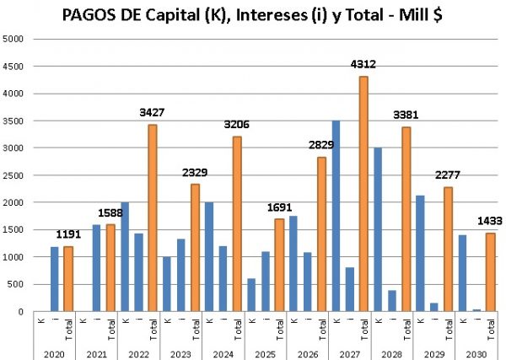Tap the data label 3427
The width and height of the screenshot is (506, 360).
coord(153,112)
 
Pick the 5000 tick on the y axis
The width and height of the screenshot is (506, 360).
coord(13,39)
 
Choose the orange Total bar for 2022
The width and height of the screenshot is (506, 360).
coord(153,218)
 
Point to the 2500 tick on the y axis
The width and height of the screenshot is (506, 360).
coord(13,175)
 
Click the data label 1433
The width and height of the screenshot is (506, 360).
coord(490,220)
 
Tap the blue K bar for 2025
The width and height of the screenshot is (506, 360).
coord(251,295)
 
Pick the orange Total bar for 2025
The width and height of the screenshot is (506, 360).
coord(279,266)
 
